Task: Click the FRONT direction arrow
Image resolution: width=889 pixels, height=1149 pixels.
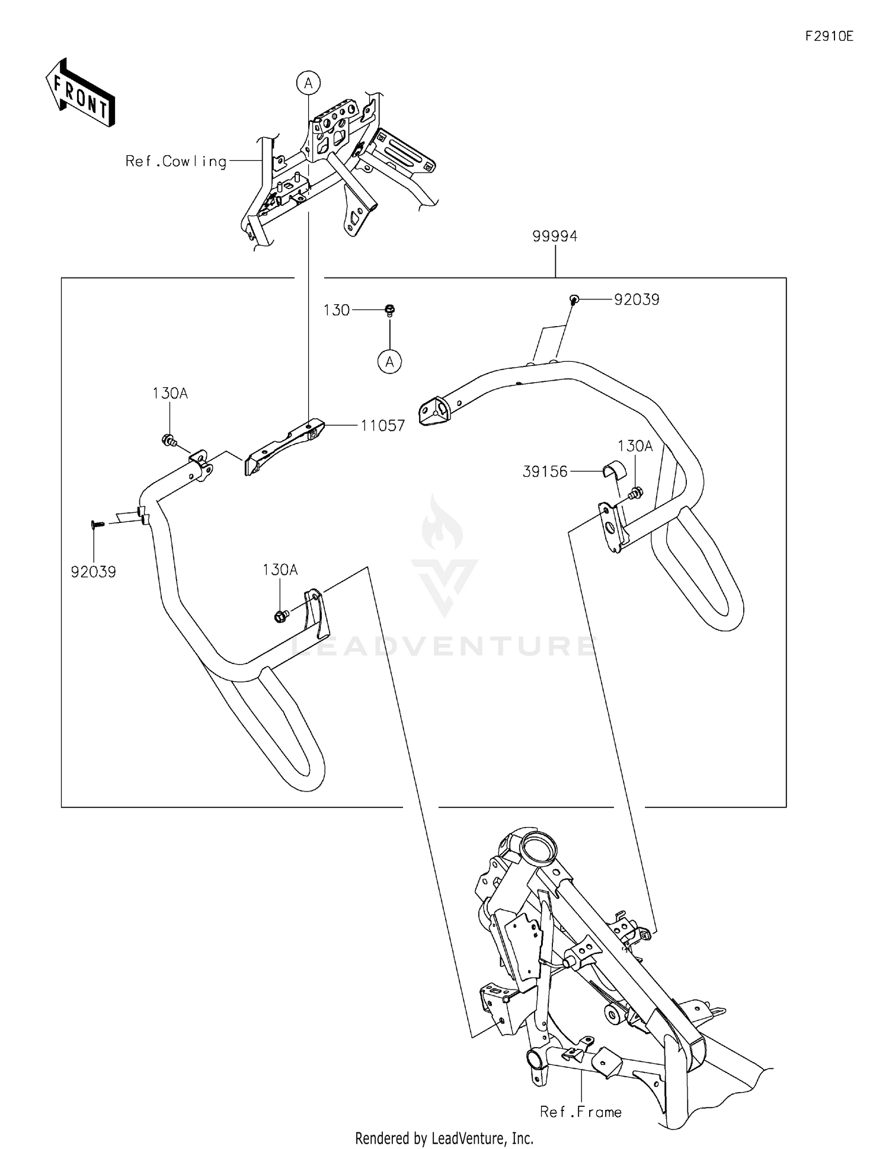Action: point(80,94)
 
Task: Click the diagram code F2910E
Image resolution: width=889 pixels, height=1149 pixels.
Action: point(829,36)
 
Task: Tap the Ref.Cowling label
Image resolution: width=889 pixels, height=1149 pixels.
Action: point(176,161)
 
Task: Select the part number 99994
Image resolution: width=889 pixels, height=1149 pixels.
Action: point(555,236)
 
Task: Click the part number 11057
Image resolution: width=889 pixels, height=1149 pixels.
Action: point(383,425)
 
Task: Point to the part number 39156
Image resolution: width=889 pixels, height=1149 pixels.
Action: point(545,471)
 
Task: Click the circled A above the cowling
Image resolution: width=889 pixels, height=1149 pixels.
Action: point(308,84)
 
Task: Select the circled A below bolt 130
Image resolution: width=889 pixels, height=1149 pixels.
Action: point(389,361)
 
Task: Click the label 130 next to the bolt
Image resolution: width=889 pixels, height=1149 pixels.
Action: point(336,310)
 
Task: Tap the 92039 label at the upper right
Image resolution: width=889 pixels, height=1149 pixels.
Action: point(637,299)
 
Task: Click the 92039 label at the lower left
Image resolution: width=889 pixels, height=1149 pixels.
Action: point(94,572)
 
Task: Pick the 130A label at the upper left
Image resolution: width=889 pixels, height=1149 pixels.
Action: point(170,393)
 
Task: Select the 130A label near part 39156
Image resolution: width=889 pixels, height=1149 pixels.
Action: point(635,446)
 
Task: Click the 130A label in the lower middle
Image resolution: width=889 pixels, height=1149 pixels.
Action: point(280,570)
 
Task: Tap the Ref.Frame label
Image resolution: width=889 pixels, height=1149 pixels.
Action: point(581,1112)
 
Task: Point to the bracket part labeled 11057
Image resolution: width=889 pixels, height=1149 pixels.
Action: point(284,448)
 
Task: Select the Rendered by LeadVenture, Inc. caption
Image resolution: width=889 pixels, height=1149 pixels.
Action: point(444,1138)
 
